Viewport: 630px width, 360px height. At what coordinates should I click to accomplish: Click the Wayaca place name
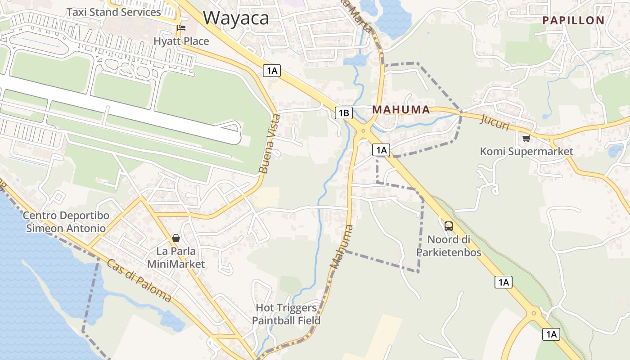[236, 18]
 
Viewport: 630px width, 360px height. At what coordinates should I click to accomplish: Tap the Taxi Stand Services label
[113, 12]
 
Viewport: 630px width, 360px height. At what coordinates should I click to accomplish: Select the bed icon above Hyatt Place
[181, 28]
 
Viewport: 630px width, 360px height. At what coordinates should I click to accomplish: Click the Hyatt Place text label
[181, 41]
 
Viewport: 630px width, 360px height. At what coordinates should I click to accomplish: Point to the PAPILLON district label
[573, 20]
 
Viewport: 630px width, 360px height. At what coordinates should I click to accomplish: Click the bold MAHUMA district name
[401, 110]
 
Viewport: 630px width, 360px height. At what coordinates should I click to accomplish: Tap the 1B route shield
[343, 113]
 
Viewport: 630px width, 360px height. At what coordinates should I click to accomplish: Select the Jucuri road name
[495, 122]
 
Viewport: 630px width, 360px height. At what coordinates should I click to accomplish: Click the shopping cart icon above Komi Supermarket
[526, 139]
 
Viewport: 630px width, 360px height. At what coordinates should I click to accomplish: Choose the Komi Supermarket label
[526, 152]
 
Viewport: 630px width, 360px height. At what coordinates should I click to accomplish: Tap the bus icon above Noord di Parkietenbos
[449, 226]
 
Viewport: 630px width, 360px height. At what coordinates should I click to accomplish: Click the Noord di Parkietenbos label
[449, 246]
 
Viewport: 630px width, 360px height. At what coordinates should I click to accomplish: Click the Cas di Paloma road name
[139, 279]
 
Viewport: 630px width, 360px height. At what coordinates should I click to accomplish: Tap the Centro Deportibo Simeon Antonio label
[66, 222]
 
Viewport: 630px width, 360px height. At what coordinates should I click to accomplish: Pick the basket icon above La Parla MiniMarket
[176, 238]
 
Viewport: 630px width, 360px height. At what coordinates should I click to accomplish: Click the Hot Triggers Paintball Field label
[286, 314]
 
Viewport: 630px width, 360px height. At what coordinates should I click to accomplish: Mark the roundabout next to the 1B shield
[363, 131]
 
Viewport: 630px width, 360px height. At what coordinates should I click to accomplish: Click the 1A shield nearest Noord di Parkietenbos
[503, 282]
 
